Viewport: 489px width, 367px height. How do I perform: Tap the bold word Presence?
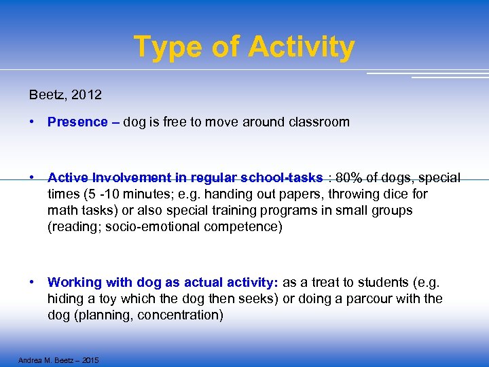coord(77,122)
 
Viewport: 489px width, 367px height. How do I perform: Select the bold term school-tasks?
coord(281,178)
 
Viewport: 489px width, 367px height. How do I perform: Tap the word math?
coord(62,211)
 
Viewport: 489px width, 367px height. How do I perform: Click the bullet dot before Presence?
coord(33,122)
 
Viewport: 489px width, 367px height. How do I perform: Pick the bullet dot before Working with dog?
coord(33,283)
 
